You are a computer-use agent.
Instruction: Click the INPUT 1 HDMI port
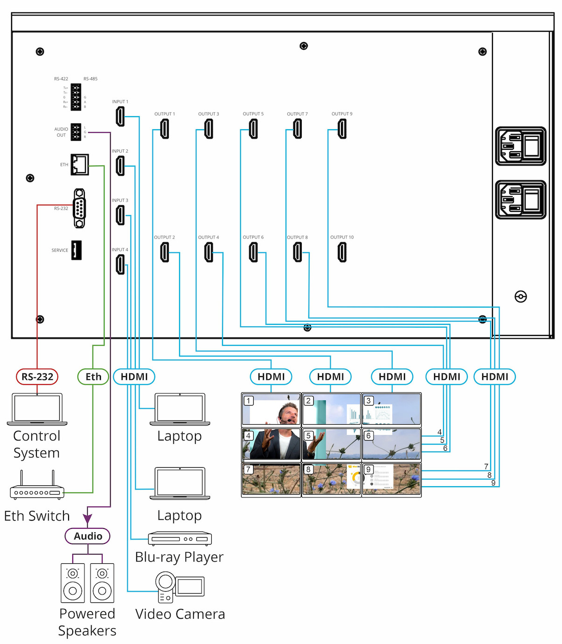120,116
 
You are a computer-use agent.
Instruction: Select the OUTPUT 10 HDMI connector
342,252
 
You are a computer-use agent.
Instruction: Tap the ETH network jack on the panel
80,164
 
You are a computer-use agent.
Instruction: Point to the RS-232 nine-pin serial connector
80,208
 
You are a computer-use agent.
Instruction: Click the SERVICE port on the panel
76,250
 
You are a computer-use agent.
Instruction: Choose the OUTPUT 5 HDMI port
253,129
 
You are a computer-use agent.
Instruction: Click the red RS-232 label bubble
37,377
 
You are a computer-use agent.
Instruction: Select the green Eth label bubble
93,377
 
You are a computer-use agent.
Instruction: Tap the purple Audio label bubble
88,536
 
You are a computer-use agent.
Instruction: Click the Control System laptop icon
37,409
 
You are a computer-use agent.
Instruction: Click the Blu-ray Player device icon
180,539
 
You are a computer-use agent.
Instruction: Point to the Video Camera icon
179,587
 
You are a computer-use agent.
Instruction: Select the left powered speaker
73,583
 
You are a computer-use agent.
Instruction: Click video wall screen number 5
332,444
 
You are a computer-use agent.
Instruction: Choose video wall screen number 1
271,409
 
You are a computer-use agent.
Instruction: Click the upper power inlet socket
520,146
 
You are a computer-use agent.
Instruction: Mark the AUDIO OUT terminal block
76,132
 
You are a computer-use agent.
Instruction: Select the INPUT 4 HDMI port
120,264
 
